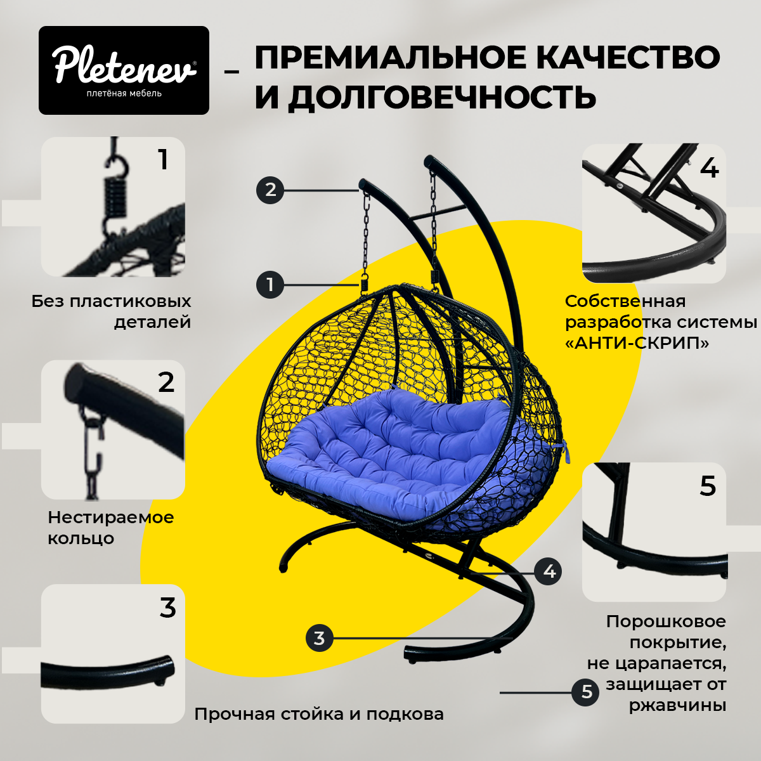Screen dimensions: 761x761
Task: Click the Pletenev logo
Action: (x=124, y=70)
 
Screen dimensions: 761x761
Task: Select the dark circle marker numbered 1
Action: (x=270, y=284)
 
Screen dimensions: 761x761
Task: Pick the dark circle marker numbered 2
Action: (x=270, y=190)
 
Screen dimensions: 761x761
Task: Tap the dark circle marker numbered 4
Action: (x=548, y=571)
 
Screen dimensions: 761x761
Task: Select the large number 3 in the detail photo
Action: (x=168, y=609)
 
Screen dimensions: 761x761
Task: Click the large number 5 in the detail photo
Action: (x=707, y=486)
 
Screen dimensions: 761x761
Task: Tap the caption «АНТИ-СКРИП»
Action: (x=637, y=343)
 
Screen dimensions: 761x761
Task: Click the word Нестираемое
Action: (x=111, y=517)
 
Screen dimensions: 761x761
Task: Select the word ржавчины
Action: (x=678, y=705)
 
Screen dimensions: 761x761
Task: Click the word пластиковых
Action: (x=131, y=302)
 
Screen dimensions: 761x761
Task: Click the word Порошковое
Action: (x=667, y=621)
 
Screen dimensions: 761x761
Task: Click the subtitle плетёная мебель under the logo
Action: (x=124, y=93)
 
